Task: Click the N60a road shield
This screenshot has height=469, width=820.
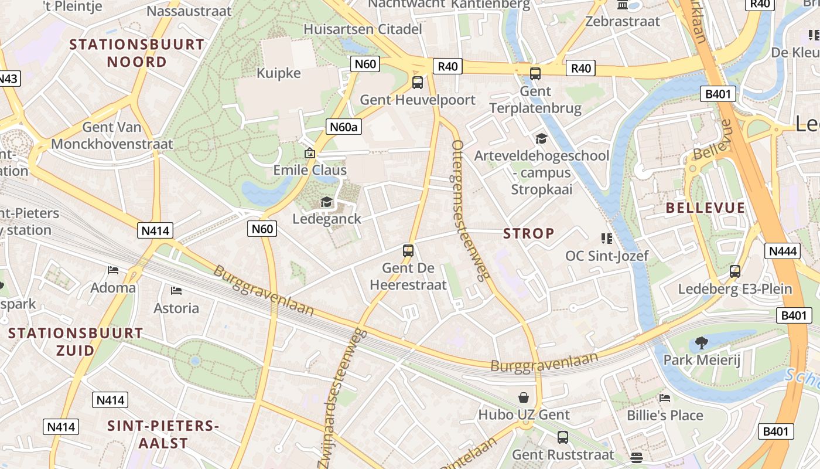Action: click(x=343, y=127)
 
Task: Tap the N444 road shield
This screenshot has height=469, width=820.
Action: click(x=783, y=251)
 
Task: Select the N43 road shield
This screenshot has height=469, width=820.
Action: click(x=8, y=79)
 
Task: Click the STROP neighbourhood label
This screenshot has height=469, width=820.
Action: click(x=528, y=233)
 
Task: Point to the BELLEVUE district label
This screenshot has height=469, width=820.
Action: click(x=705, y=208)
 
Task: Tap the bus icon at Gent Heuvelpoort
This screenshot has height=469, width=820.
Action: click(x=418, y=82)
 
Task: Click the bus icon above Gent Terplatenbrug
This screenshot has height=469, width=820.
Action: click(x=535, y=74)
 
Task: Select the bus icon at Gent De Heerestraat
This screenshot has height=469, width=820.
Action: click(x=408, y=251)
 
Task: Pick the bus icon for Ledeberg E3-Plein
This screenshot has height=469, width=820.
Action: click(x=735, y=271)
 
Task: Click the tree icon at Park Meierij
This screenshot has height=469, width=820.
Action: click(x=701, y=342)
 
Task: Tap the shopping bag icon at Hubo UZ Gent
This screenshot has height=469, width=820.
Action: click(x=524, y=397)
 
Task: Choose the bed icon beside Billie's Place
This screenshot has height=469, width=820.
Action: click(x=665, y=398)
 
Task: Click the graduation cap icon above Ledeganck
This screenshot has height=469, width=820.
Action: click(x=326, y=202)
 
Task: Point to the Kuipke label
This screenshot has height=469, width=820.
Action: click(x=279, y=73)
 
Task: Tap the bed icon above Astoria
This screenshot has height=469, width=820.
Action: click(x=176, y=291)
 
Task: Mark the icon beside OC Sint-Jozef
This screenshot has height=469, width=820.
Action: click(x=606, y=239)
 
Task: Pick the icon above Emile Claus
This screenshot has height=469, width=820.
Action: click(x=310, y=154)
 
